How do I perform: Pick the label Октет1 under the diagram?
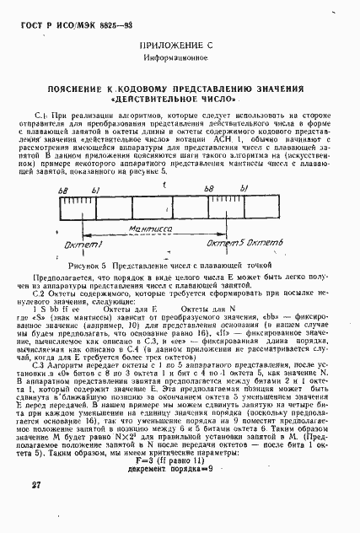click(x=77, y=243)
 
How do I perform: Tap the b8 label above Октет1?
click(x=62, y=191)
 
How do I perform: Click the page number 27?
click(x=35, y=509)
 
